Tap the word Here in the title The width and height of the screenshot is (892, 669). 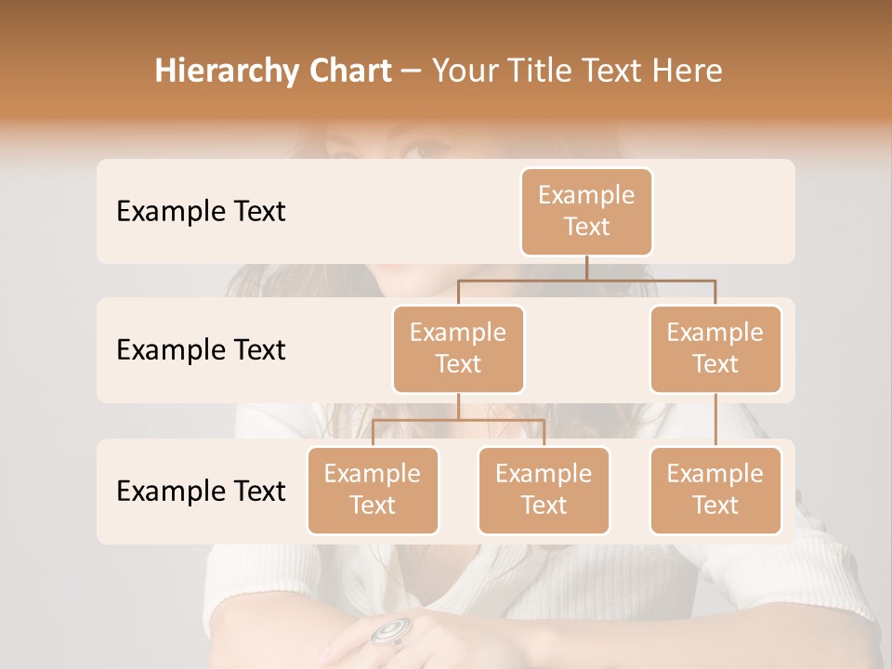coord(688,72)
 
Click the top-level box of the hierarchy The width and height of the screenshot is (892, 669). coord(586,212)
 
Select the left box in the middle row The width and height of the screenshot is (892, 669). coord(458,349)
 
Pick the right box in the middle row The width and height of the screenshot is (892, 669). coord(715,349)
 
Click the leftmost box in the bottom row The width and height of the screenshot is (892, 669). coord(373,491)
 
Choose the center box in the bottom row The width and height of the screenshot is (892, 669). coord(544,491)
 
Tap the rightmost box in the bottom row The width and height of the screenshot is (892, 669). coord(715,491)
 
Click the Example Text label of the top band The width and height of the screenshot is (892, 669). coord(201,212)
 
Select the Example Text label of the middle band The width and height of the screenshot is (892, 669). coord(201,350)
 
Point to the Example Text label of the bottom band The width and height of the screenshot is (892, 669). coord(201,491)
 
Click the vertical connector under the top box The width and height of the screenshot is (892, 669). coord(586,268)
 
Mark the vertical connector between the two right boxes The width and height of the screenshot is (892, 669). coord(715,420)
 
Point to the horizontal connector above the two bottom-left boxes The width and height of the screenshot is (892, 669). coord(458,420)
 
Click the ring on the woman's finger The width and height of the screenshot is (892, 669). coord(390,631)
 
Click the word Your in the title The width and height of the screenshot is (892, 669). coord(464,72)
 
